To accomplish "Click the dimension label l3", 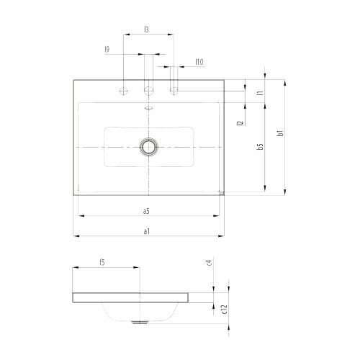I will pyautogui.click(x=146, y=30).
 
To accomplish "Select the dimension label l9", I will pyautogui.click(x=107, y=49).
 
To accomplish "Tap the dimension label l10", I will pyautogui.click(x=198, y=63).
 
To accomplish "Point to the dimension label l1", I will pyautogui.click(x=258, y=91).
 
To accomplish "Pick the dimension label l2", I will pyautogui.click(x=238, y=123).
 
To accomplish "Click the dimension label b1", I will pyautogui.click(x=280, y=132).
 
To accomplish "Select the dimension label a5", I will pyautogui.click(x=146, y=211).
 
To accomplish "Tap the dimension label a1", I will pyautogui.click(x=146, y=231).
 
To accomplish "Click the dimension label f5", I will pyautogui.click(x=102, y=263).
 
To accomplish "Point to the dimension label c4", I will pyautogui.click(x=208, y=262).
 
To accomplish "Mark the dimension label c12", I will pyautogui.click(x=225, y=309).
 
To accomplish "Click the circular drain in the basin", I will pyautogui.click(x=149, y=146).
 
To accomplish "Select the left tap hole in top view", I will pyautogui.click(x=124, y=91).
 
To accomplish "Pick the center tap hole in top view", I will pyautogui.click(x=149, y=91).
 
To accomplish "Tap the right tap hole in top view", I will pyautogui.click(x=174, y=91).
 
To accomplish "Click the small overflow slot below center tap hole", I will pyautogui.click(x=149, y=107).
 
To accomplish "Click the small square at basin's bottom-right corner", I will pyautogui.click(x=222, y=192).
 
